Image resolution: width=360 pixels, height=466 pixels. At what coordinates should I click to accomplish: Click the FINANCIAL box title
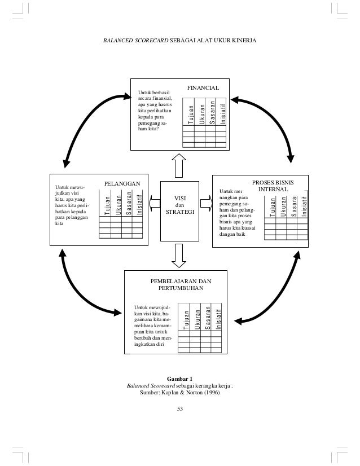click(x=203, y=89)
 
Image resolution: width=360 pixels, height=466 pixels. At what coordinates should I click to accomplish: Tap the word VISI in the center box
click(x=180, y=198)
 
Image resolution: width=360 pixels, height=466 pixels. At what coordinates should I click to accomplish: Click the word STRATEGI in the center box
click(x=180, y=213)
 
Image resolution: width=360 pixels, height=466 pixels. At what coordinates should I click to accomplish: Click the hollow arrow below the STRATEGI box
click(x=180, y=256)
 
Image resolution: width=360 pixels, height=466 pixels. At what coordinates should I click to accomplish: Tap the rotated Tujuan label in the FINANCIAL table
click(x=191, y=113)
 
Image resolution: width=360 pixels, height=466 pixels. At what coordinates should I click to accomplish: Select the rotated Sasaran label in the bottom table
click(x=208, y=318)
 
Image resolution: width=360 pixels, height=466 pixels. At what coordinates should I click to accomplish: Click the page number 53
click(x=180, y=408)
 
